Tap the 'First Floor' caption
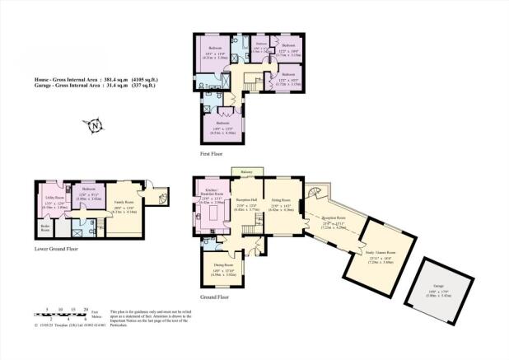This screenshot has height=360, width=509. pos(213,153)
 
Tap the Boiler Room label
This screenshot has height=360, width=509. pos(44,227)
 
